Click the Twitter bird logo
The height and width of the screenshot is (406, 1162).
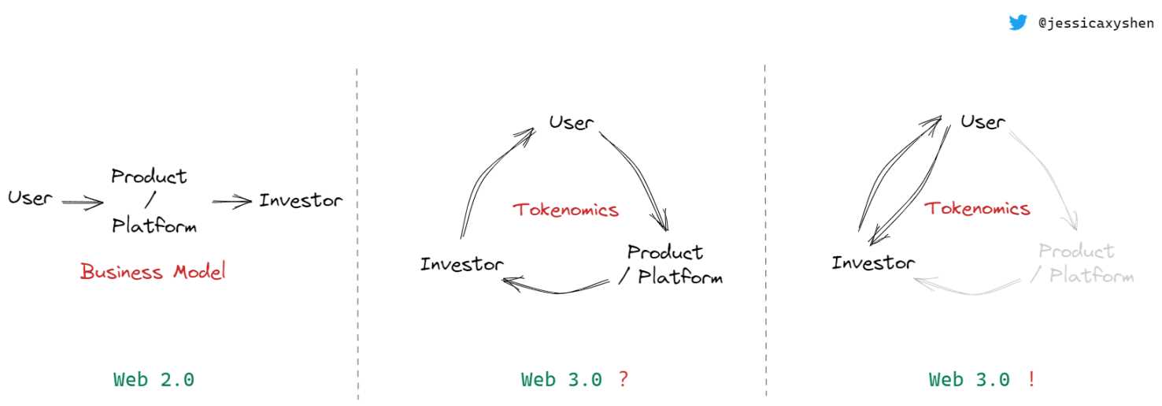click(1018, 23)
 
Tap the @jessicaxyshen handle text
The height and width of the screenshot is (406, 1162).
click(1096, 24)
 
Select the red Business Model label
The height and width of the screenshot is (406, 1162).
click(153, 272)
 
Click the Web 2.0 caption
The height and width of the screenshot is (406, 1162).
click(154, 379)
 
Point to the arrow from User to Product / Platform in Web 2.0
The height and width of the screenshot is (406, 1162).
click(83, 202)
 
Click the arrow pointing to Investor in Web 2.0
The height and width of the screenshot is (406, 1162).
click(231, 202)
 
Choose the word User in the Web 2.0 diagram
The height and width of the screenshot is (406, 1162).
click(30, 198)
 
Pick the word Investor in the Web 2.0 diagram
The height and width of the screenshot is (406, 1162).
click(301, 200)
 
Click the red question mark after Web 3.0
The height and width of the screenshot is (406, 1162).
click(623, 379)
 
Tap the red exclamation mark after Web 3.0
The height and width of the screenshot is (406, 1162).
click(1031, 379)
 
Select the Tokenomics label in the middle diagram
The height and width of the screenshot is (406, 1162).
click(565, 210)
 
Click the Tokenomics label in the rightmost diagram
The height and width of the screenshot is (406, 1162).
click(976, 208)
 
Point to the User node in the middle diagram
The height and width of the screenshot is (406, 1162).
click(571, 122)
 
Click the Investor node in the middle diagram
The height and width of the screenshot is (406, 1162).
click(461, 263)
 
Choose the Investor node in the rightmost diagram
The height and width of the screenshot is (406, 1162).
click(873, 262)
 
